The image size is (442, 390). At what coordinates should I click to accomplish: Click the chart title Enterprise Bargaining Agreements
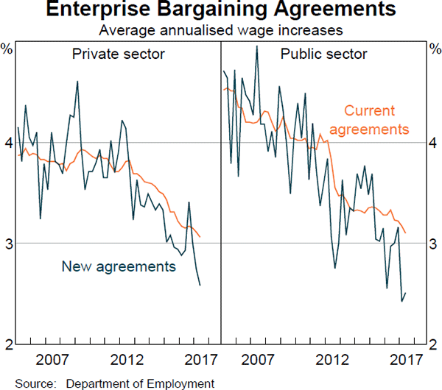click(222, 12)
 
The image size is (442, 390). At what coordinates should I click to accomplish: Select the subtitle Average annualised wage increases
click(222, 31)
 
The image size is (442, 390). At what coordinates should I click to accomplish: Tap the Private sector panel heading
click(118, 54)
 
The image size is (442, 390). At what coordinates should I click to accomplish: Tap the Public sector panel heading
click(323, 54)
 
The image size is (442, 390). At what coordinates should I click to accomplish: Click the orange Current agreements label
click(369, 120)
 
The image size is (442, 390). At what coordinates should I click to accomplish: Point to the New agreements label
click(119, 266)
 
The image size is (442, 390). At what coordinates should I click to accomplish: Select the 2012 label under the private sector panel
click(126, 361)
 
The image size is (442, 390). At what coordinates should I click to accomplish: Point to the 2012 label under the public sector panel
click(331, 361)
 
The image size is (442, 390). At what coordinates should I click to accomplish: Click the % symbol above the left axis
click(7, 49)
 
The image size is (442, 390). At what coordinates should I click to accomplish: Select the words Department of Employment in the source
click(140, 383)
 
